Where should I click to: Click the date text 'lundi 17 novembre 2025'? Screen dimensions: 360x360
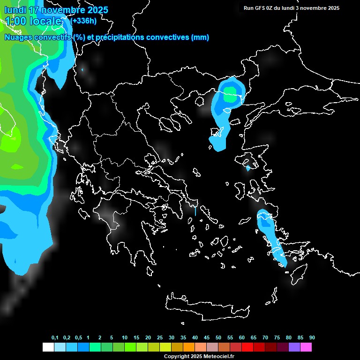[x=56, y=10]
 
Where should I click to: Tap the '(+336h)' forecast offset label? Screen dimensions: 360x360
[x=83, y=21]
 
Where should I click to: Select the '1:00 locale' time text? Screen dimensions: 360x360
[x=34, y=21]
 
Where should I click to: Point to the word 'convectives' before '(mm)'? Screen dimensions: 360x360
[x=168, y=37]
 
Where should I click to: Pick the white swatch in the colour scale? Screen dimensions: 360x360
[x=48, y=347]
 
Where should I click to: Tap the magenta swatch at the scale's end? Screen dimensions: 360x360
[x=306, y=347]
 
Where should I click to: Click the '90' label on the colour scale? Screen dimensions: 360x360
[x=312, y=337]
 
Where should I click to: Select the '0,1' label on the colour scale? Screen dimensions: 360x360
[x=55, y=337]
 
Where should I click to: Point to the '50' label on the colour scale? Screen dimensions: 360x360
[x=218, y=337]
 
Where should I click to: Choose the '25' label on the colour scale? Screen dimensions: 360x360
[x=160, y=337]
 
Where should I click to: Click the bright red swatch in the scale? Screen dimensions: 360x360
[x=247, y=347]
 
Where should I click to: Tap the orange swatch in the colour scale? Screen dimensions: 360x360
[x=189, y=347]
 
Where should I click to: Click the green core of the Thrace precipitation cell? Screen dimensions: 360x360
[x=230, y=91]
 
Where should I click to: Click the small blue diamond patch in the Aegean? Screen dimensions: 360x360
[x=248, y=168]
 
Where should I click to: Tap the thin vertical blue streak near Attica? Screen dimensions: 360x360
[x=195, y=211]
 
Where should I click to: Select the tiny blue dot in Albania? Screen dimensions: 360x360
[x=82, y=70]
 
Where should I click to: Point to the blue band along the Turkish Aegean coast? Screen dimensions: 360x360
[x=270, y=237]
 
